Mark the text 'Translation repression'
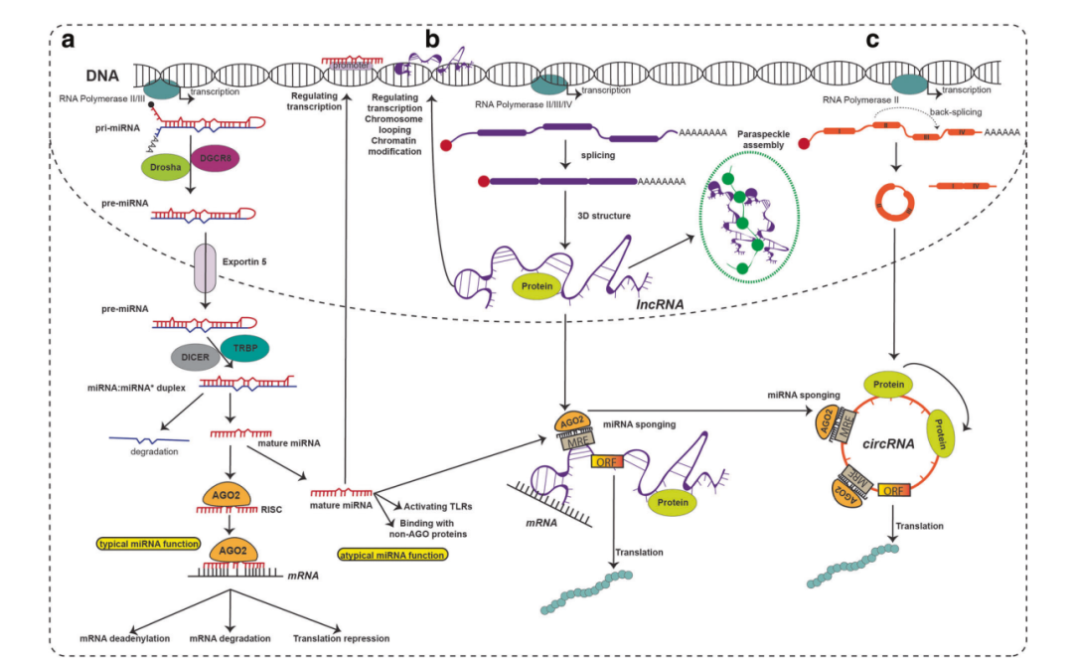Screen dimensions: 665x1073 point(341,638)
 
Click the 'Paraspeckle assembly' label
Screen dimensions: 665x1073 point(763,139)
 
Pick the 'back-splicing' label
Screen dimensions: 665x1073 point(957,112)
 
